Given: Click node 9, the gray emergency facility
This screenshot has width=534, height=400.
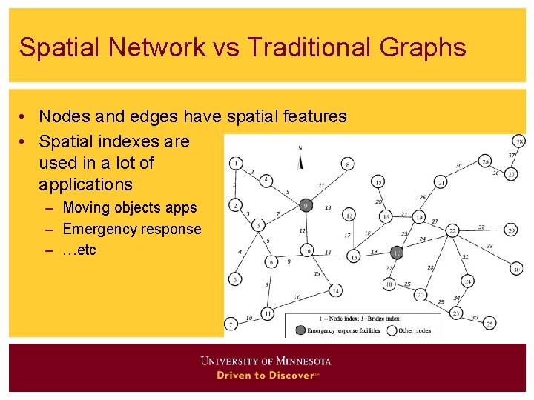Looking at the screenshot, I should pyautogui.click(x=306, y=205).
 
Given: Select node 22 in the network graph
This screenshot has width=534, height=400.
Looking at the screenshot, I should pyautogui.click(x=452, y=231).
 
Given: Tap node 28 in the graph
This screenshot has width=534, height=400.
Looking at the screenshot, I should pyautogui.click(x=519, y=141).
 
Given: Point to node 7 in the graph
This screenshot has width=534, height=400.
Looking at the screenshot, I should pyautogui.click(x=231, y=324).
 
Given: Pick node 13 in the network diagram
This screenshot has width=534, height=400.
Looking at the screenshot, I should pyautogui.click(x=354, y=256).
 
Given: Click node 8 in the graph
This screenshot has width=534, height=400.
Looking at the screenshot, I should pyautogui.click(x=347, y=164).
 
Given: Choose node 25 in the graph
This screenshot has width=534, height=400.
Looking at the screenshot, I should pyautogui.click(x=489, y=323).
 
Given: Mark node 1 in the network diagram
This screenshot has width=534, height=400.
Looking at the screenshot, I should pyautogui.click(x=236, y=163).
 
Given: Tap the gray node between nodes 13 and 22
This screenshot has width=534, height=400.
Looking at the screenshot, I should pyautogui.click(x=398, y=253).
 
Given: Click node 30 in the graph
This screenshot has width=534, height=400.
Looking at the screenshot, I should pyautogui.click(x=516, y=269).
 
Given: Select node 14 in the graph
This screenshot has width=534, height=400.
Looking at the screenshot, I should pyautogui.click(x=335, y=291).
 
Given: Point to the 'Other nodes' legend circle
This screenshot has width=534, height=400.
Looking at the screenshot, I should pyautogui.click(x=392, y=330).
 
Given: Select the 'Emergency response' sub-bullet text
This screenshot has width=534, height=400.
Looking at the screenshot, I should pyautogui.click(x=132, y=229).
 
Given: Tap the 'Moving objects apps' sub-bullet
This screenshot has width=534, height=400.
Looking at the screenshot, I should pyautogui.click(x=130, y=207).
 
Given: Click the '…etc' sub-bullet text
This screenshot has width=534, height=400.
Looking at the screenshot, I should pyautogui.click(x=79, y=250).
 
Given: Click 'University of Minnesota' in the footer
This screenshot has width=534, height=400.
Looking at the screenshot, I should pyautogui.click(x=266, y=361).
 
